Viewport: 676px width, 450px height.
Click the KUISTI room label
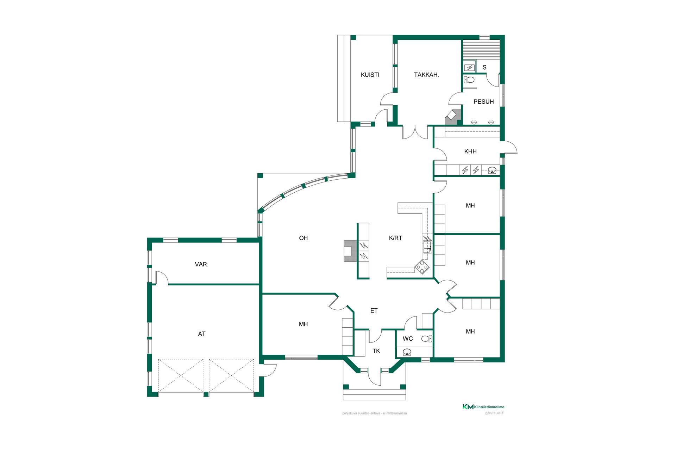pyautogui.click(x=370, y=75)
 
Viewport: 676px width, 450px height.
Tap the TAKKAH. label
pyautogui.click(x=426, y=75)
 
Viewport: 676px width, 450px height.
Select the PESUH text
pyautogui.click(x=483, y=102)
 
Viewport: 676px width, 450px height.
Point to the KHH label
pyautogui.click(x=470, y=152)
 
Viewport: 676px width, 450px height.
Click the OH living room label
pyautogui.click(x=303, y=238)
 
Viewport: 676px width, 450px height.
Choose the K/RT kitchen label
pyautogui.click(x=395, y=238)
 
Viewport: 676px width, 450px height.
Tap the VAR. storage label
pyautogui.click(x=202, y=264)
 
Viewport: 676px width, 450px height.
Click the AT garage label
pyautogui.click(x=202, y=334)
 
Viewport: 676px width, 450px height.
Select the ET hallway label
pyautogui.click(x=374, y=311)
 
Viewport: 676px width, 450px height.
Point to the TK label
pyautogui.click(x=376, y=351)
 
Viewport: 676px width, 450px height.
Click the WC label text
pyautogui.click(x=408, y=339)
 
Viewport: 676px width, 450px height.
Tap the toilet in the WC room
pyautogui.click(x=426, y=339)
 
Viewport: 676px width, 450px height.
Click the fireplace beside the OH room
pyautogui.click(x=348, y=251)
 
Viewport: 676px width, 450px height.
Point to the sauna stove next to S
pyautogui.click(x=469, y=67)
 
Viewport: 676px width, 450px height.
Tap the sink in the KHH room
pyautogui.click(x=492, y=171)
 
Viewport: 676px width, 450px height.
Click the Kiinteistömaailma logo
pyautogui.click(x=483, y=407)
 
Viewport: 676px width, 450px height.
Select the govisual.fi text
pyautogui.click(x=495, y=413)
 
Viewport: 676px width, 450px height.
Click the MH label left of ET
pyautogui.click(x=303, y=324)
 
